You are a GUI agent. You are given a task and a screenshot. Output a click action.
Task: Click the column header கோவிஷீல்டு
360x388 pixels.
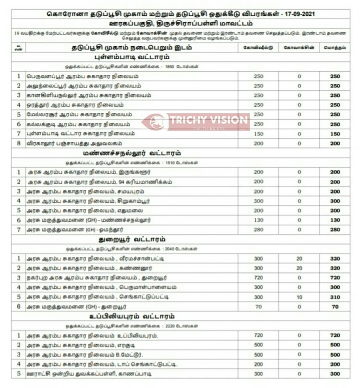[258, 48]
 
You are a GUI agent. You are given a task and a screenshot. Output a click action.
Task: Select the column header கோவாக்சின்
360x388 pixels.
[299, 48]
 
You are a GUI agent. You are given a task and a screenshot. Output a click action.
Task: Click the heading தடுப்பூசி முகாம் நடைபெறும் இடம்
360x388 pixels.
[130, 48]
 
